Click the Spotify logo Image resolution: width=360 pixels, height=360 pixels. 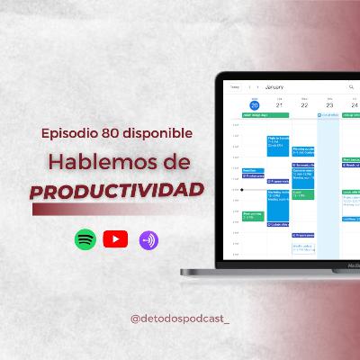[85, 239]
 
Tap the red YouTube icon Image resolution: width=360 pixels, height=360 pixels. [115, 239]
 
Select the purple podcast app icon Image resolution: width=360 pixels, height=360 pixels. [148, 239]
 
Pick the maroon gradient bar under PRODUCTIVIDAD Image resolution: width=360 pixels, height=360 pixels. [108, 209]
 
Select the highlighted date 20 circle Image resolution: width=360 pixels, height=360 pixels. [255, 104]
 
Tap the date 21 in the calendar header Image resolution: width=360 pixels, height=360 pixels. [279, 104]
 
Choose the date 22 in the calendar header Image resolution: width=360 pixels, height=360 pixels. [304, 104]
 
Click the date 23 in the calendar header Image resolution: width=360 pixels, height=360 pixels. [328, 104]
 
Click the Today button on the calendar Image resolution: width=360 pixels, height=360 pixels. [235, 88]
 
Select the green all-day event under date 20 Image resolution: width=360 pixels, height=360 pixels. [254, 115]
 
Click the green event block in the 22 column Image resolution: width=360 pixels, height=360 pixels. [303, 194]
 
